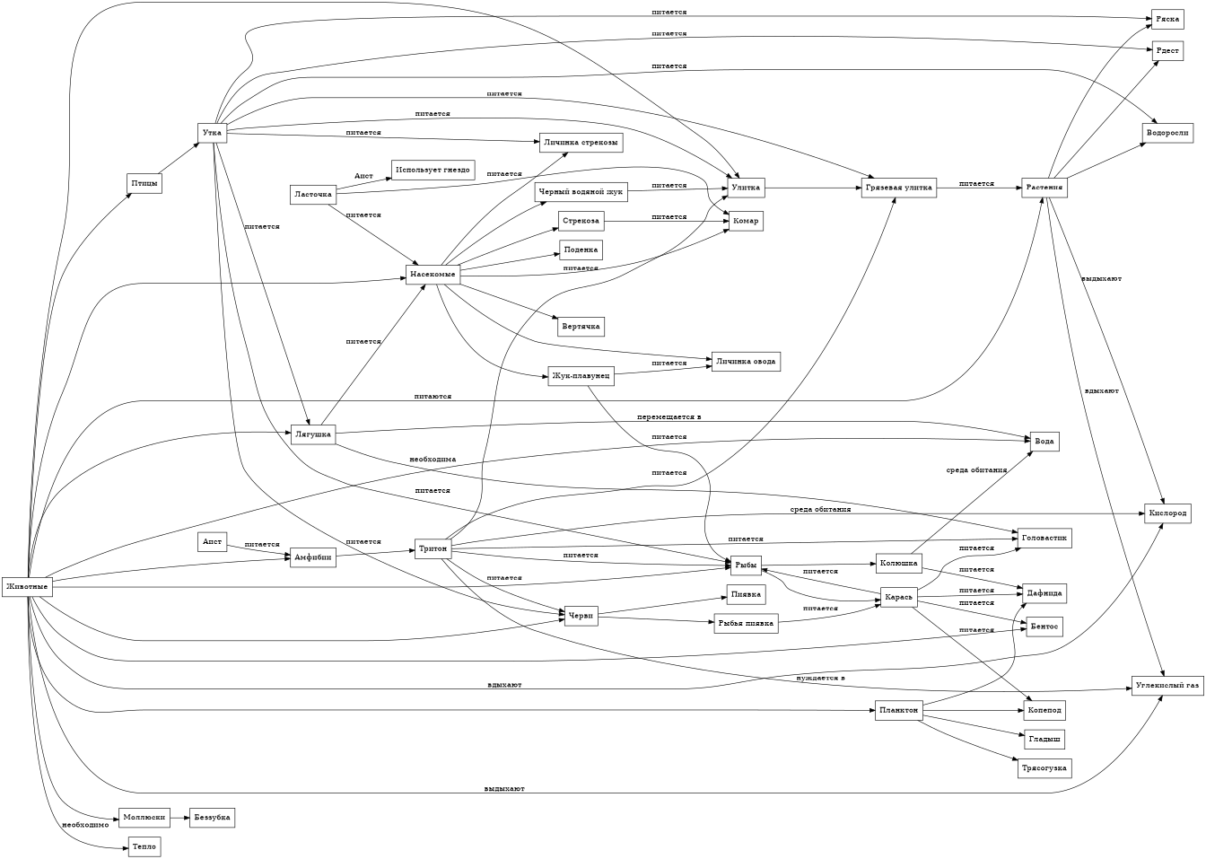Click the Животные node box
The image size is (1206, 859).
coord(27,586)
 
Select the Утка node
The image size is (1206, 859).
coord(213,133)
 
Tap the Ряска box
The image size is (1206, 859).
coord(1167,19)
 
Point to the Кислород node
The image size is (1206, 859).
coord(1167,513)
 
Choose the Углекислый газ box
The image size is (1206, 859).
coord(1166,685)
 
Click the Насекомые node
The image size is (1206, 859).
coord(433,273)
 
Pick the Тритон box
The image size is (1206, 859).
coord(433,548)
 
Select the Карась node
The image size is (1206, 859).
coord(898,598)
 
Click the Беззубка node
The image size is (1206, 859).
coord(213,818)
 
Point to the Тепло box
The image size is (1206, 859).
coord(144,846)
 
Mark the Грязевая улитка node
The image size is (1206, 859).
coord(899,188)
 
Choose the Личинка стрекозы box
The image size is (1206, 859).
coord(580,142)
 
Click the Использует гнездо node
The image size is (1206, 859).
coord(433,171)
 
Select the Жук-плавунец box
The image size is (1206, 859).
coord(581,376)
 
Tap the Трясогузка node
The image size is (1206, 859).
coord(1044,768)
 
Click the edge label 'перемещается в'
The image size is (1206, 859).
coord(669,418)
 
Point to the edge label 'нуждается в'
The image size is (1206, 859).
coord(820,678)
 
